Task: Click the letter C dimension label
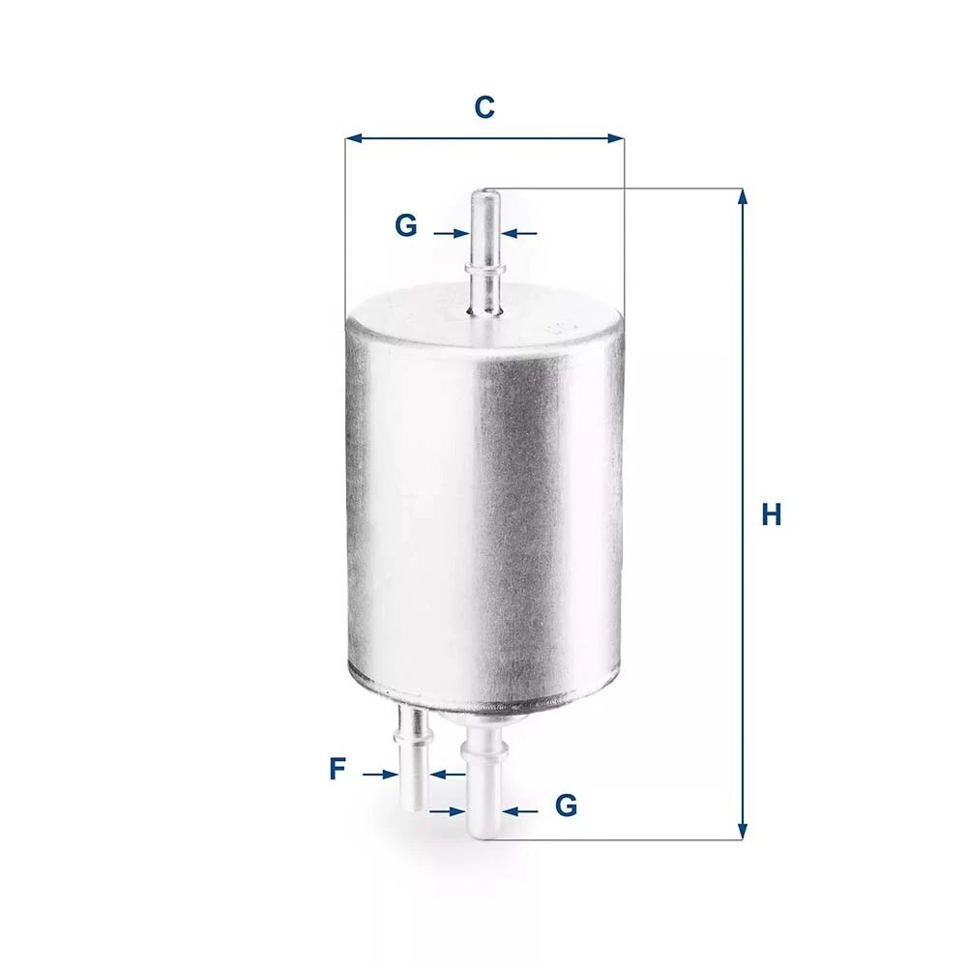pos(484,106)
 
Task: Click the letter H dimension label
pos(771,514)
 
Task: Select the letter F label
pos(337,769)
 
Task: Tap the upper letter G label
pos(406,225)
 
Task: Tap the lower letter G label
pos(566,806)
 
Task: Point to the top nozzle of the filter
pos(485,251)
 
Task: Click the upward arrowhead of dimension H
pos(743,196)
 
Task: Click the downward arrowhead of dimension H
pos(743,832)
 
